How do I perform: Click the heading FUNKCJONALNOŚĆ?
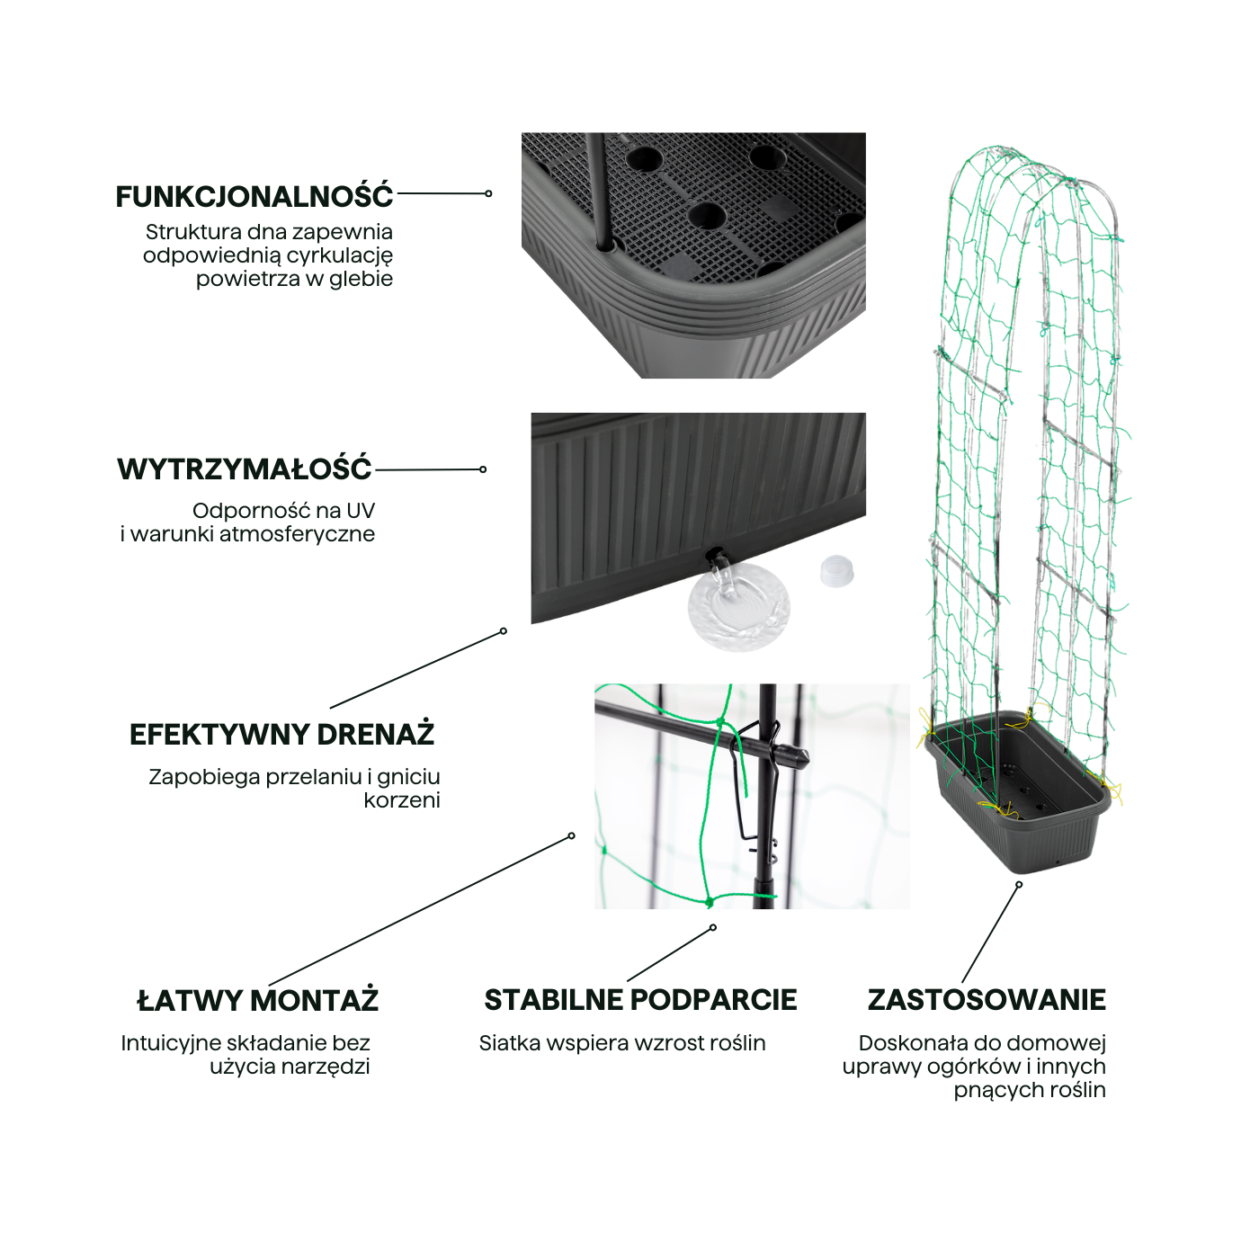(x=254, y=196)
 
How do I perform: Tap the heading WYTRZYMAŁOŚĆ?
(x=244, y=469)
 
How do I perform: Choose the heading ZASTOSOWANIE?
(x=987, y=1000)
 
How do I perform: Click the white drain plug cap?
(x=837, y=571)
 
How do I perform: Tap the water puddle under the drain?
(x=739, y=608)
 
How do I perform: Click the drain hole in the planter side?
(x=716, y=556)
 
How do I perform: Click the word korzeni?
(x=402, y=799)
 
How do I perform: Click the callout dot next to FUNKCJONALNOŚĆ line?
(x=488, y=193)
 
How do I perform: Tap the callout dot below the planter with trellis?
(x=1019, y=885)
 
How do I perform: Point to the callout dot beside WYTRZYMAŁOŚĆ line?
(x=483, y=469)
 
